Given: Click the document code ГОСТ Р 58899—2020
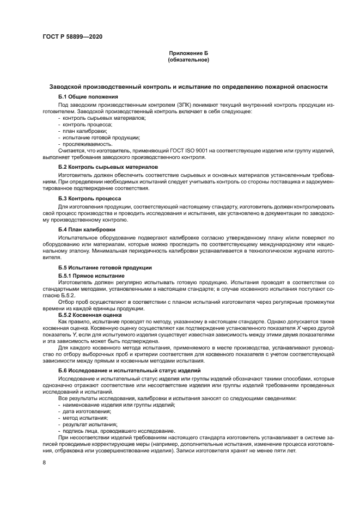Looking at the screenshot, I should pyautogui.click(x=72, y=37).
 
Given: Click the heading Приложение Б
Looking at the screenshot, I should pyautogui.click(x=188, y=53).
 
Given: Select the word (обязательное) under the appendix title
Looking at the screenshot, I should pyautogui.click(x=188, y=59).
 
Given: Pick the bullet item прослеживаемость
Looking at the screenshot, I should pyautogui.click(x=88, y=144).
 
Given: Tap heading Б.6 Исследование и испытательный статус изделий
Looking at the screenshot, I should pyautogui.click(x=130, y=371).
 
